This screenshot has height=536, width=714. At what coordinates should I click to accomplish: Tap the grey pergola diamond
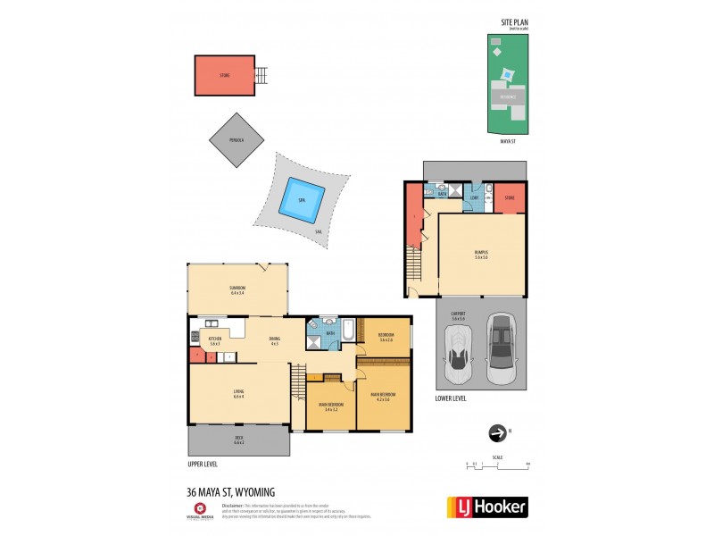pos(237,139)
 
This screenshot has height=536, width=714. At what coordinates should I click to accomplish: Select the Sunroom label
pos(237,289)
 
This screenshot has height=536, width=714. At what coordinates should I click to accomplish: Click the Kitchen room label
pos(214,340)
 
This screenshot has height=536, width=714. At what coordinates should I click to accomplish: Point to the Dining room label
pos(274,340)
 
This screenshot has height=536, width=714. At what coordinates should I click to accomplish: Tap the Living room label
pos(238,394)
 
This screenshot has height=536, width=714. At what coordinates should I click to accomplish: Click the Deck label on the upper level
pos(238,440)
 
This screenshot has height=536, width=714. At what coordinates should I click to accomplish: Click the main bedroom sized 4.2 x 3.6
pos(383,395)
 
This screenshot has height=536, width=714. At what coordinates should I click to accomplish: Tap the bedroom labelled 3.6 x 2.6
pos(386,339)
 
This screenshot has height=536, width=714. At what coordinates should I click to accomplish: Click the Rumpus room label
pos(481,255)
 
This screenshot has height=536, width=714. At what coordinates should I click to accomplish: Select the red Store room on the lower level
pos(510,198)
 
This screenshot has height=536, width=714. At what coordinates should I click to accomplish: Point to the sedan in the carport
pos(502,348)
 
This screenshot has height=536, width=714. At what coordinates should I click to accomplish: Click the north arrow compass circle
pos(496,433)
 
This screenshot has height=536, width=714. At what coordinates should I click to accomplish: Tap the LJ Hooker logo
pos(486,506)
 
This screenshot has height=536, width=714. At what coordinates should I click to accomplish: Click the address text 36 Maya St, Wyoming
pos(231,492)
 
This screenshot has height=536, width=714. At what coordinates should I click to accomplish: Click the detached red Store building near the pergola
pos(225,76)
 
